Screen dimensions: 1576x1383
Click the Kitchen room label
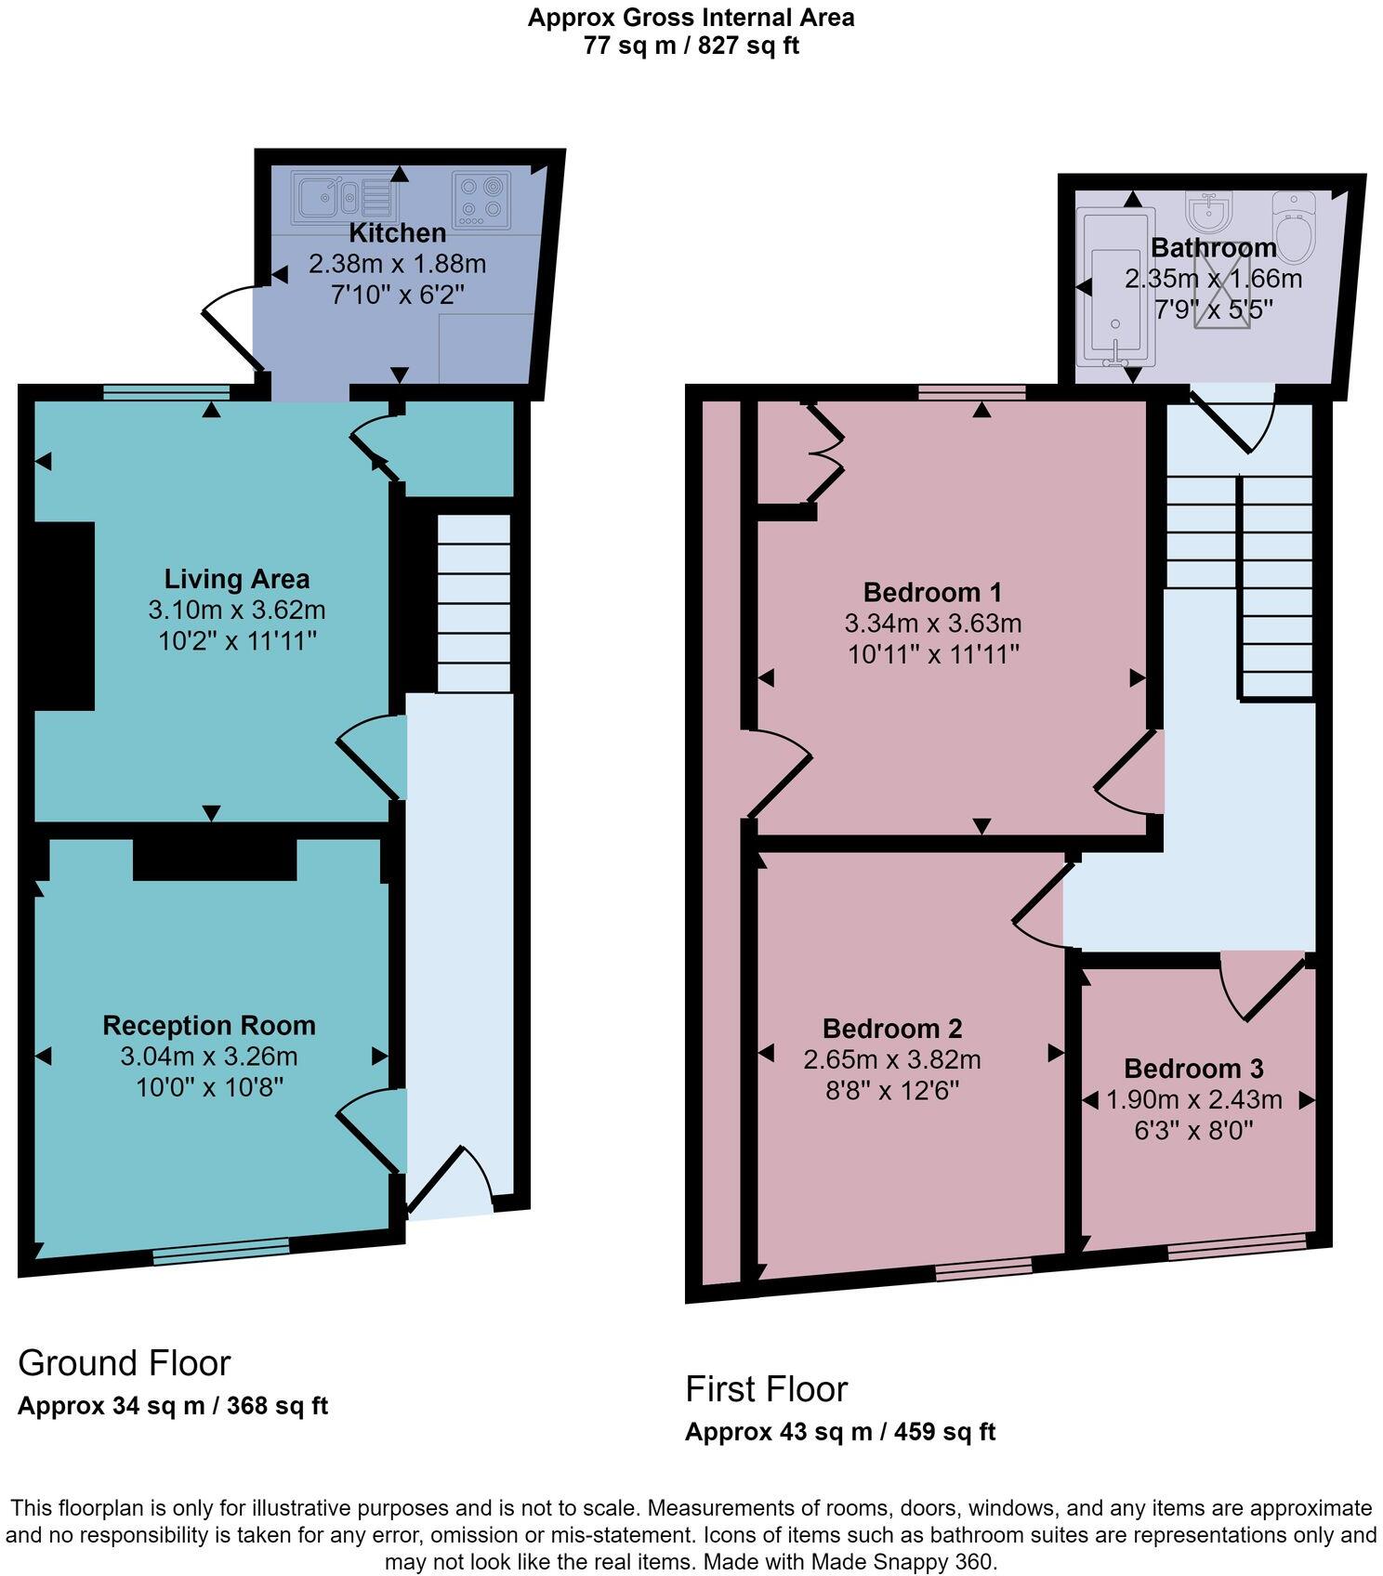(x=397, y=232)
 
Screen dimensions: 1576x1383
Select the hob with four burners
(x=481, y=199)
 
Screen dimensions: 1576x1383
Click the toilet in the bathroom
(x=1294, y=226)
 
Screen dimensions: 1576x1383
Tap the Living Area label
(x=237, y=579)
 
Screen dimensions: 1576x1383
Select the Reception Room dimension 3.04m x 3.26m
(x=209, y=1057)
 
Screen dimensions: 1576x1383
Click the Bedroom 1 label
(x=932, y=592)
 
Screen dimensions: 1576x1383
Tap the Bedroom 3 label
(x=1193, y=1069)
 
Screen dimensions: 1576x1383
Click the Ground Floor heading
(x=124, y=1363)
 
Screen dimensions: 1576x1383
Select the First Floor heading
(x=766, y=1389)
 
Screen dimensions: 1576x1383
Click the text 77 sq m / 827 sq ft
(x=691, y=46)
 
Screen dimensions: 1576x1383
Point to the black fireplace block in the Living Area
(x=64, y=615)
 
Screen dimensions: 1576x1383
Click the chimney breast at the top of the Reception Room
(x=215, y=859)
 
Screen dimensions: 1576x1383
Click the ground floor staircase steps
(x=473, y=603)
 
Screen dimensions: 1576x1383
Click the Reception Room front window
(x=221, y=1251)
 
